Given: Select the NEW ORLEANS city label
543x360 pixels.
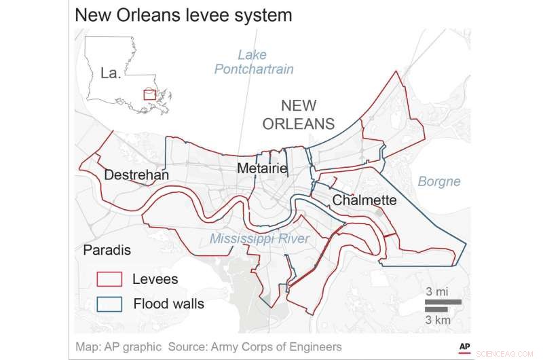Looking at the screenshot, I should coord(307,115).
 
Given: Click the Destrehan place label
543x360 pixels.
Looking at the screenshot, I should coord(136,175).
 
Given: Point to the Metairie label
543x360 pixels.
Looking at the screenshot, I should coord(262,168).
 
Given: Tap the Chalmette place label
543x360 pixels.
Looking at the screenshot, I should coord(364,200).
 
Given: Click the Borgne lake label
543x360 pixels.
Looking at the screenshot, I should coord(438,181).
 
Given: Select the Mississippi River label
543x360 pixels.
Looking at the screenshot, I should coord(259,238).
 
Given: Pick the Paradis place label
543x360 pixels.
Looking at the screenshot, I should coord(107,251).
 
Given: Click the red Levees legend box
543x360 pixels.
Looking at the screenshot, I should coord(109,279).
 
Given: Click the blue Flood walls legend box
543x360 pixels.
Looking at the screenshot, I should coord(109,304).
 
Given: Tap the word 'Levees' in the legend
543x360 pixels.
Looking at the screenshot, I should coord(155,279).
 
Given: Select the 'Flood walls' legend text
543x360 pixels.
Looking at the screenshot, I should coord(168,304).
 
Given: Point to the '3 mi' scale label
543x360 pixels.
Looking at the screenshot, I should coord(436,291).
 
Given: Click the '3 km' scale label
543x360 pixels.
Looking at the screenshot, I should coord(436,319).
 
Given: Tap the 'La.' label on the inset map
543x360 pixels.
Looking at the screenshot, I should coord(110,73).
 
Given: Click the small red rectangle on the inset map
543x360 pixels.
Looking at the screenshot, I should coord(149,94).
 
